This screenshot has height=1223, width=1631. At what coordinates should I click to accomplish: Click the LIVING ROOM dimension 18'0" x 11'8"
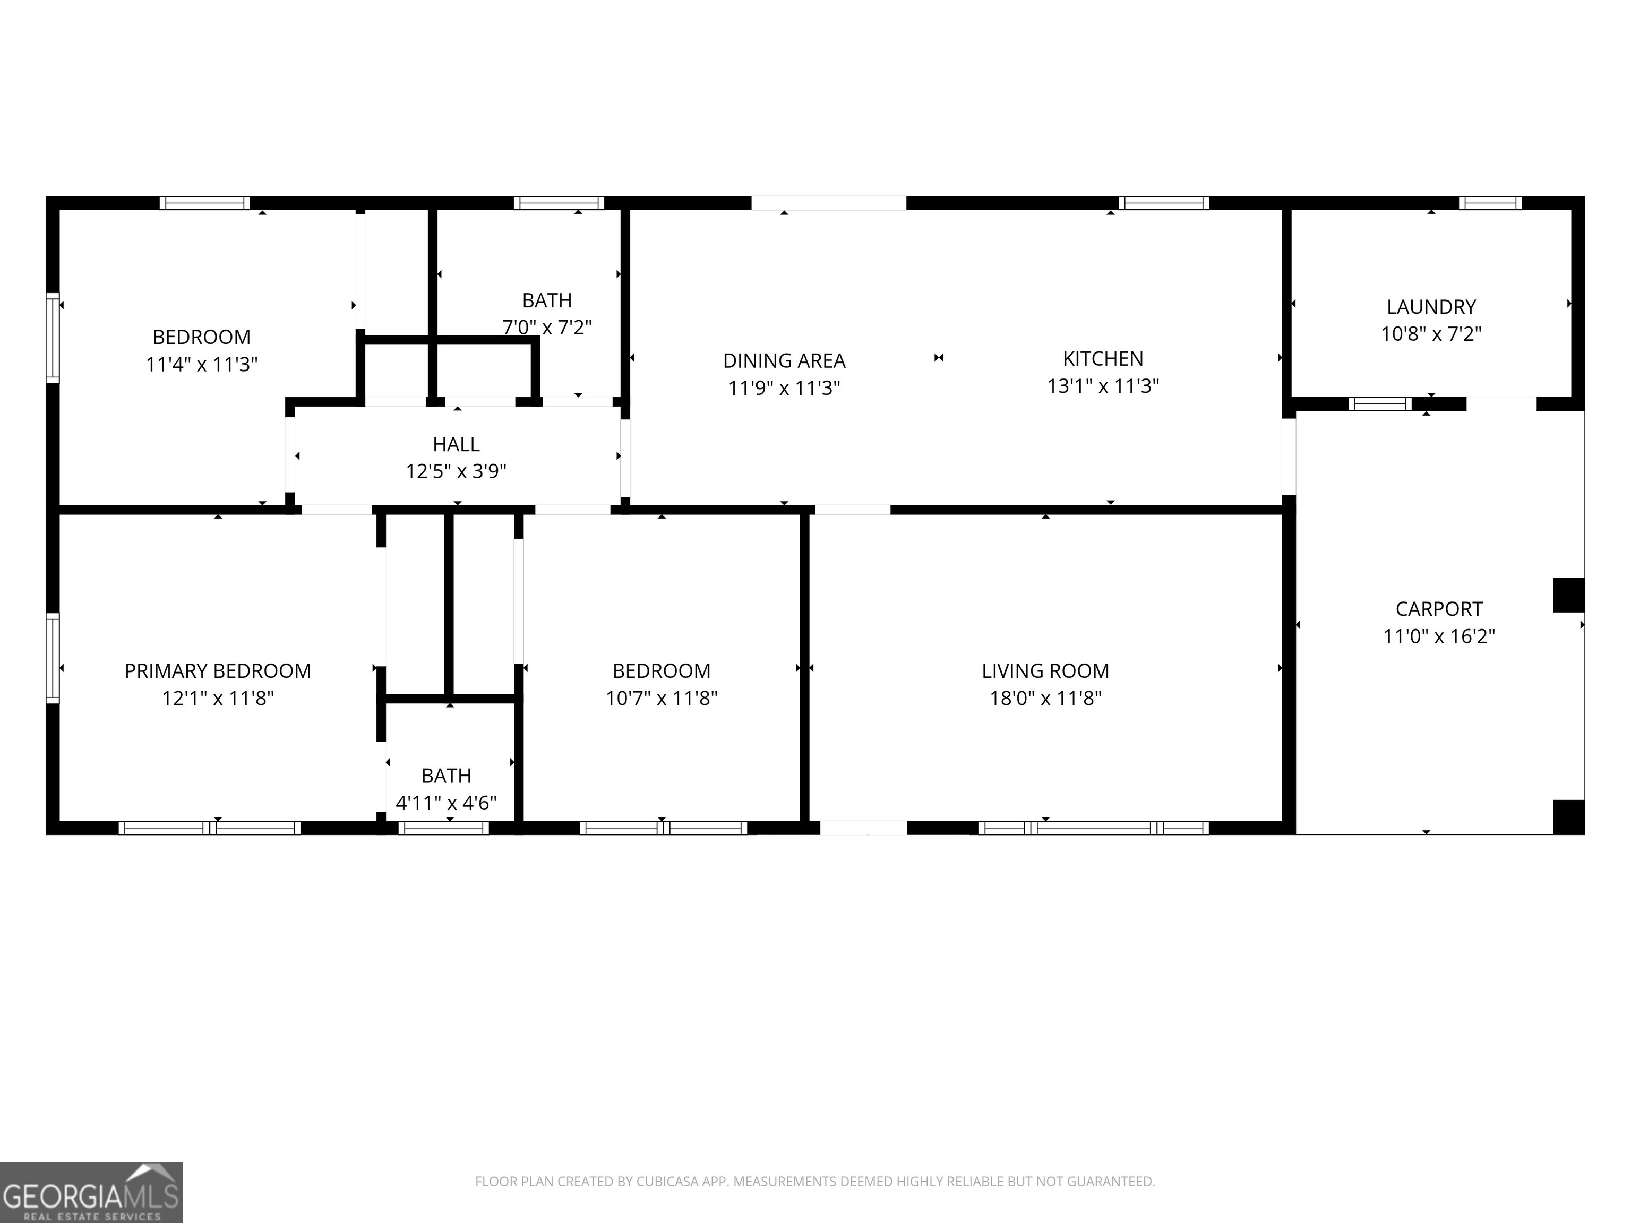pos(1045,698)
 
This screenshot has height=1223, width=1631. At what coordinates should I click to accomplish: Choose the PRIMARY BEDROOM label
pos(218,671)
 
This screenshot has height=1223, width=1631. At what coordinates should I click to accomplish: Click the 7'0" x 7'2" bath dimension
pos(547,328)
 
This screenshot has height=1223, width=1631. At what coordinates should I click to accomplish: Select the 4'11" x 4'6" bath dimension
pos(446,803)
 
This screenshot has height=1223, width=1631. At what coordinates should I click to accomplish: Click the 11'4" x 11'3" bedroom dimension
pos(201,364)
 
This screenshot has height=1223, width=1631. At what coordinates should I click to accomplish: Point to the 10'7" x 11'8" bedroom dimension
pos(662,698)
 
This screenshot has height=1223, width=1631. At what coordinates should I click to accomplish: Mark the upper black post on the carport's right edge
pos(1568,595)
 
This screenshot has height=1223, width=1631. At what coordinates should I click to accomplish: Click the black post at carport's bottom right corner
pos(1568,817)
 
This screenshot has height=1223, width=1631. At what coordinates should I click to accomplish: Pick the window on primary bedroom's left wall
pos(53,658)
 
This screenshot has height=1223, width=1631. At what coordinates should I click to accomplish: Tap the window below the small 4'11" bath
pos(443,828)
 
